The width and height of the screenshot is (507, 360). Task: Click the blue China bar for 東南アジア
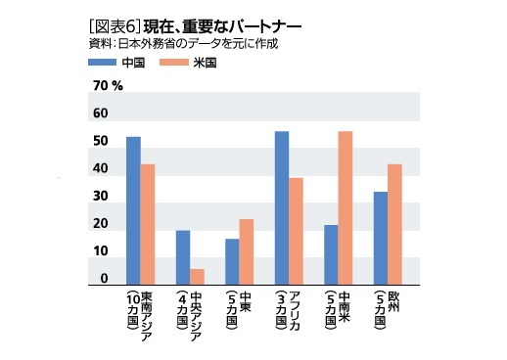133,210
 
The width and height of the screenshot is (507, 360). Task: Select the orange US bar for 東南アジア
148,224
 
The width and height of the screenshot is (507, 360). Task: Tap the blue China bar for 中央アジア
183,257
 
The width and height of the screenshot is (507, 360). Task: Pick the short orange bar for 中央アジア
197,276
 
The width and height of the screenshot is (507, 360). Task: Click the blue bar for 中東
232,261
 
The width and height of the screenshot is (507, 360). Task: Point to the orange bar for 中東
247,251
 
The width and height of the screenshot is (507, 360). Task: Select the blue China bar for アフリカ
282,207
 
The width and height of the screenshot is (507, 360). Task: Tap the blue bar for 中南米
331,254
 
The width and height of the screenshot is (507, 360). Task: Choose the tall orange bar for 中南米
346,207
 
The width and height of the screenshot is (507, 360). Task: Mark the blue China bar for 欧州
381,238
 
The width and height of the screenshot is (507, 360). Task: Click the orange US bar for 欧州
395,224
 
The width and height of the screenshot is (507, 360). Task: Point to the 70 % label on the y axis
107,86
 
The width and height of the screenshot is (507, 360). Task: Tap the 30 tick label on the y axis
100,196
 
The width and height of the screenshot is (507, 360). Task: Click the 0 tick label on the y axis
103,279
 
